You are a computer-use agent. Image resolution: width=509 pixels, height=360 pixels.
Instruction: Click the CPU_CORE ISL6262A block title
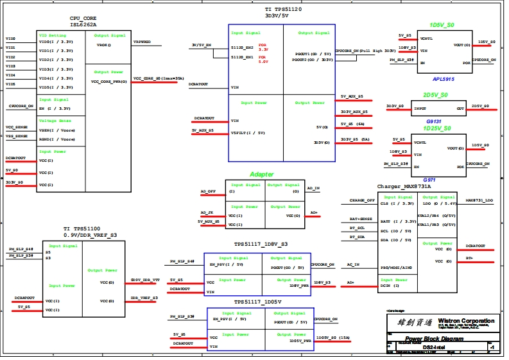point(83,22)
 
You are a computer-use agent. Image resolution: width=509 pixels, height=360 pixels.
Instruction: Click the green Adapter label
point(262,175)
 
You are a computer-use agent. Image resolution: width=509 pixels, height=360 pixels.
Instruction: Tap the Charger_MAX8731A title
point(404,186)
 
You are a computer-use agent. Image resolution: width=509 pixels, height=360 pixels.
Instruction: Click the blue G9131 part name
point(434,121)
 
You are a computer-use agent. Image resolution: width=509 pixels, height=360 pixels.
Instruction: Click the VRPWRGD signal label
point(142,42)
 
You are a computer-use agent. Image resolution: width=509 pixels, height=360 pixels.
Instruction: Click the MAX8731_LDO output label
point(479,200)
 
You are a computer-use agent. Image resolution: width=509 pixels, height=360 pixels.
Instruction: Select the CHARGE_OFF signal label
point(362,200)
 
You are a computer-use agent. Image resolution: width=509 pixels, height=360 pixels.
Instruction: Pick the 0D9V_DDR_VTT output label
point(144,280)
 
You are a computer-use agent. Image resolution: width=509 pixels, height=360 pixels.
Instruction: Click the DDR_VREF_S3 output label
point(144,298)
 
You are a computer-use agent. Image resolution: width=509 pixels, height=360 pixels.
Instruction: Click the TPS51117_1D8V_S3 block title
point(261,244)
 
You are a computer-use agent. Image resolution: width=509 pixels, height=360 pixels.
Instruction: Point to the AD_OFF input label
point(207,191)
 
